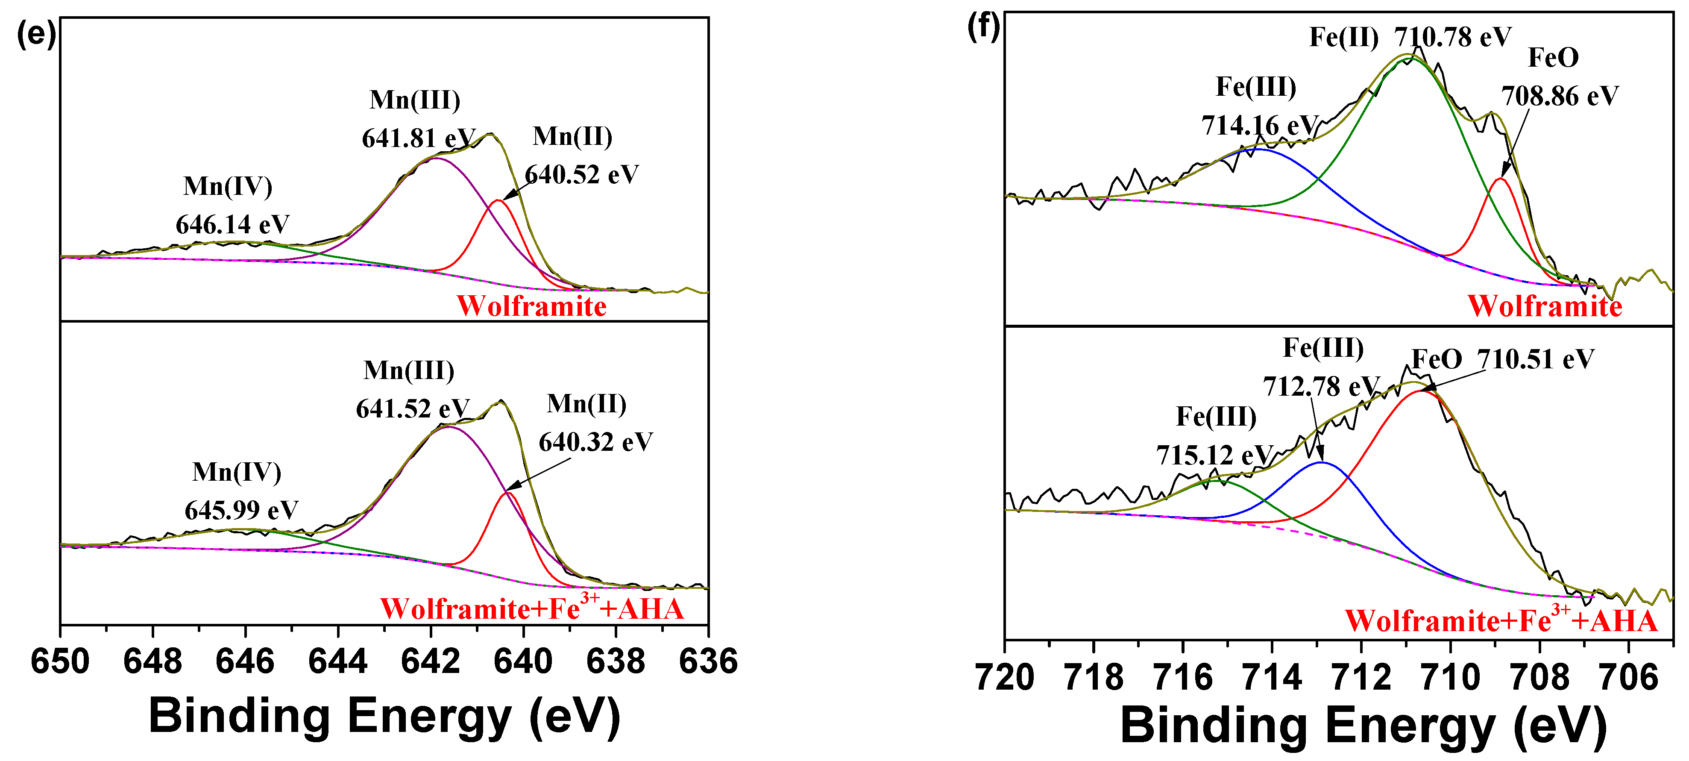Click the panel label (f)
pos(983,27)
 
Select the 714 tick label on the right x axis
pos(1272,677)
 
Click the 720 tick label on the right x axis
pos(1005,677)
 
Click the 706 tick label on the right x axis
pos(1629,677)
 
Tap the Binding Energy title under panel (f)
pos(1364,726)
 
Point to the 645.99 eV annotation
pos(241,510)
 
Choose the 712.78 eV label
pos(1321,386)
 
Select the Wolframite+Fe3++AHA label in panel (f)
pos(1501,620)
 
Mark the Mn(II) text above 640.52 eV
pos(572,136)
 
